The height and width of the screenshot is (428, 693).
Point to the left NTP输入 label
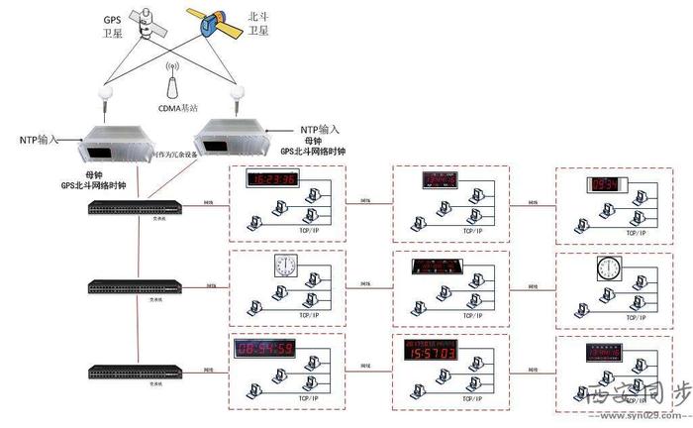pyautogui.click(x=41, y=140)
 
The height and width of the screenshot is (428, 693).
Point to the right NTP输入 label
pyautogui.click(x=320, y=129)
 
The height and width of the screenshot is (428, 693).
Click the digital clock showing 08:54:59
pyautogui.click(x=264, y=348)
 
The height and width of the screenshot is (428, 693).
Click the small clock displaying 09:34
pyautogui.click(x=603, y=184)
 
